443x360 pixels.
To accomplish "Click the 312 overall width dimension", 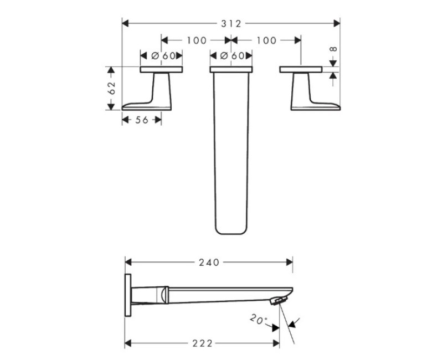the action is [x=231, y=24].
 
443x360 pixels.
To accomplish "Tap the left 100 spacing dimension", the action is [x=197, y=40].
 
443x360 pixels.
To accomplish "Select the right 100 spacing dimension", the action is [x=266, y=40].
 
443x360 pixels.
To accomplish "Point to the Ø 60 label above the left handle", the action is [x=163, y=56].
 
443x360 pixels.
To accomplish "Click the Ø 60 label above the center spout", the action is [x=232, y=56].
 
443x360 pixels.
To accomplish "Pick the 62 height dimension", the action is [x=112, y=88].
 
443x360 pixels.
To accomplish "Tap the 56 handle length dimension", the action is [x=142, y=120].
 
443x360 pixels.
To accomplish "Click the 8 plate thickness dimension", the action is [x=334, y=49].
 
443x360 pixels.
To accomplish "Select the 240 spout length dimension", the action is [x=209, y=263].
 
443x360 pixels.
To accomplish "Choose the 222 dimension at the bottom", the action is [x=202, y=343].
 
